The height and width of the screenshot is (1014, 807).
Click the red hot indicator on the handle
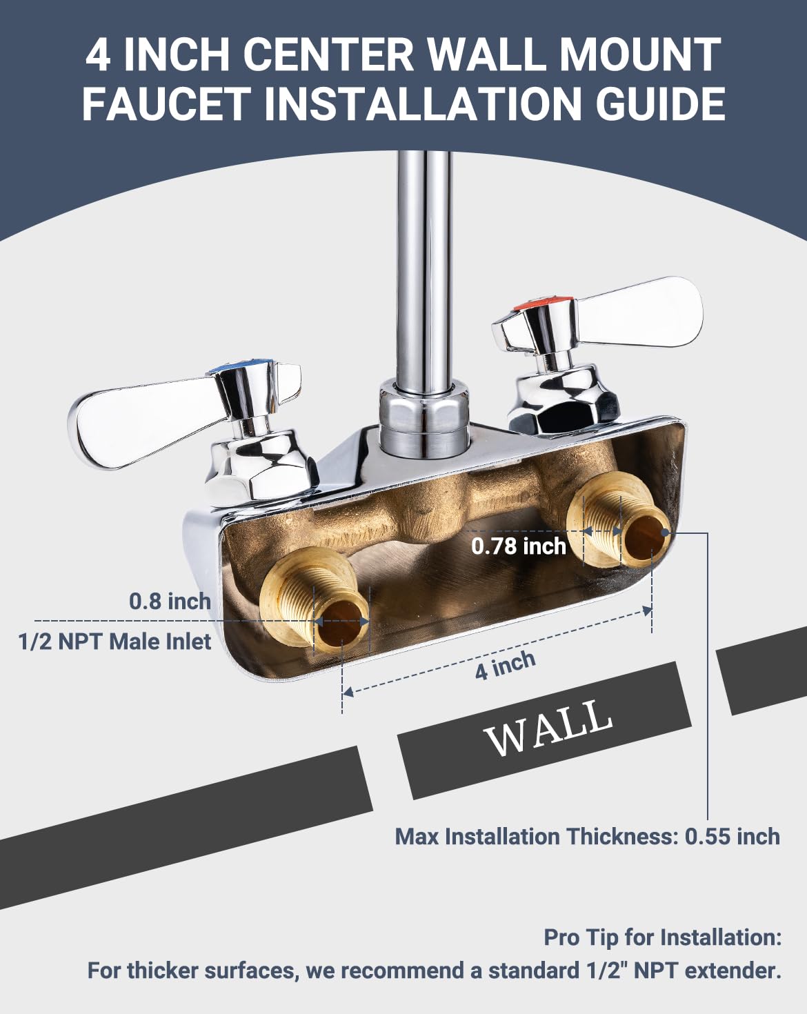pos(542,304)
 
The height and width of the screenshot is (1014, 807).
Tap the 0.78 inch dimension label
pos(519,546)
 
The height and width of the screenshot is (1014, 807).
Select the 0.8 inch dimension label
pos(170,601)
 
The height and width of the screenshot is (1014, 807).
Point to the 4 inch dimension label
pos(505,666)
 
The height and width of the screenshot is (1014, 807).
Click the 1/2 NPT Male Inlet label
pos(114,642)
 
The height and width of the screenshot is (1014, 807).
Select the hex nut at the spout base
pos(425,417)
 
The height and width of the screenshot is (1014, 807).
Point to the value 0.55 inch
pos(732,837)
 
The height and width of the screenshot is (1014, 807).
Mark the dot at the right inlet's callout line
pos(665,533)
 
